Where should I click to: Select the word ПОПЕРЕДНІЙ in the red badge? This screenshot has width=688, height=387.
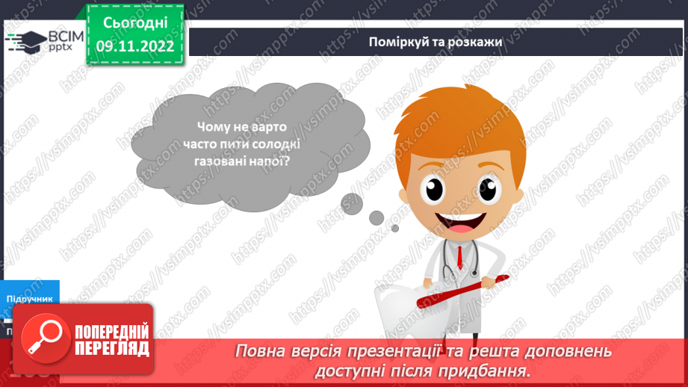[112, 332]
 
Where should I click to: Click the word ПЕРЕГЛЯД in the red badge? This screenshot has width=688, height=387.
[112, 348]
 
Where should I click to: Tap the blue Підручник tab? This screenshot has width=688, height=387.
[30, 298]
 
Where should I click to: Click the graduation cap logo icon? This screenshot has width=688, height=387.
[25, 41]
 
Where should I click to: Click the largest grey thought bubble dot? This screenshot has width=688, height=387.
[350, 202]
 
